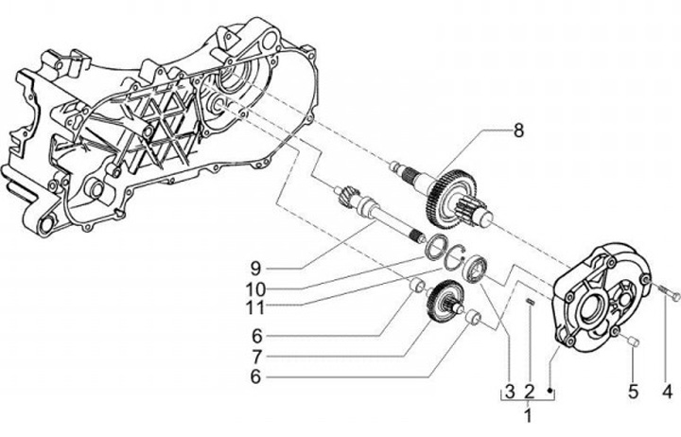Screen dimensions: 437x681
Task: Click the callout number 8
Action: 518,131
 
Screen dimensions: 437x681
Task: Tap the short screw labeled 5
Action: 631,341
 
